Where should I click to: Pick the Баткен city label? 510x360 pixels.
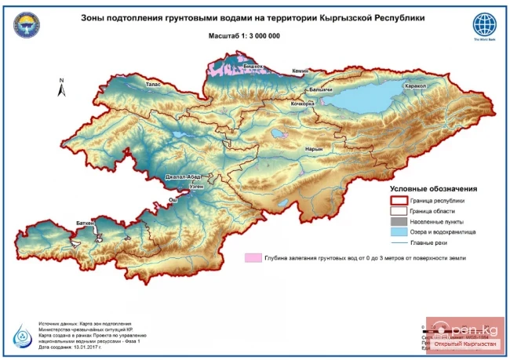point(86,224)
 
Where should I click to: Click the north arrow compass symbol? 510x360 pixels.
point(60,87)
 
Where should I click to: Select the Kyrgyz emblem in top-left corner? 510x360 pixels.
point(27,24)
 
